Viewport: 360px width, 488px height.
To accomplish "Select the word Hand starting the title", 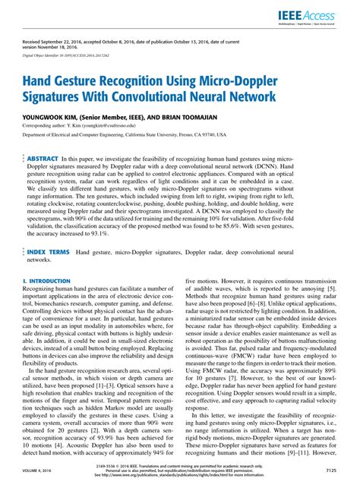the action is coord(39,82).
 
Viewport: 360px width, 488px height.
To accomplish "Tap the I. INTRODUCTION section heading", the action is coord(47,280).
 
